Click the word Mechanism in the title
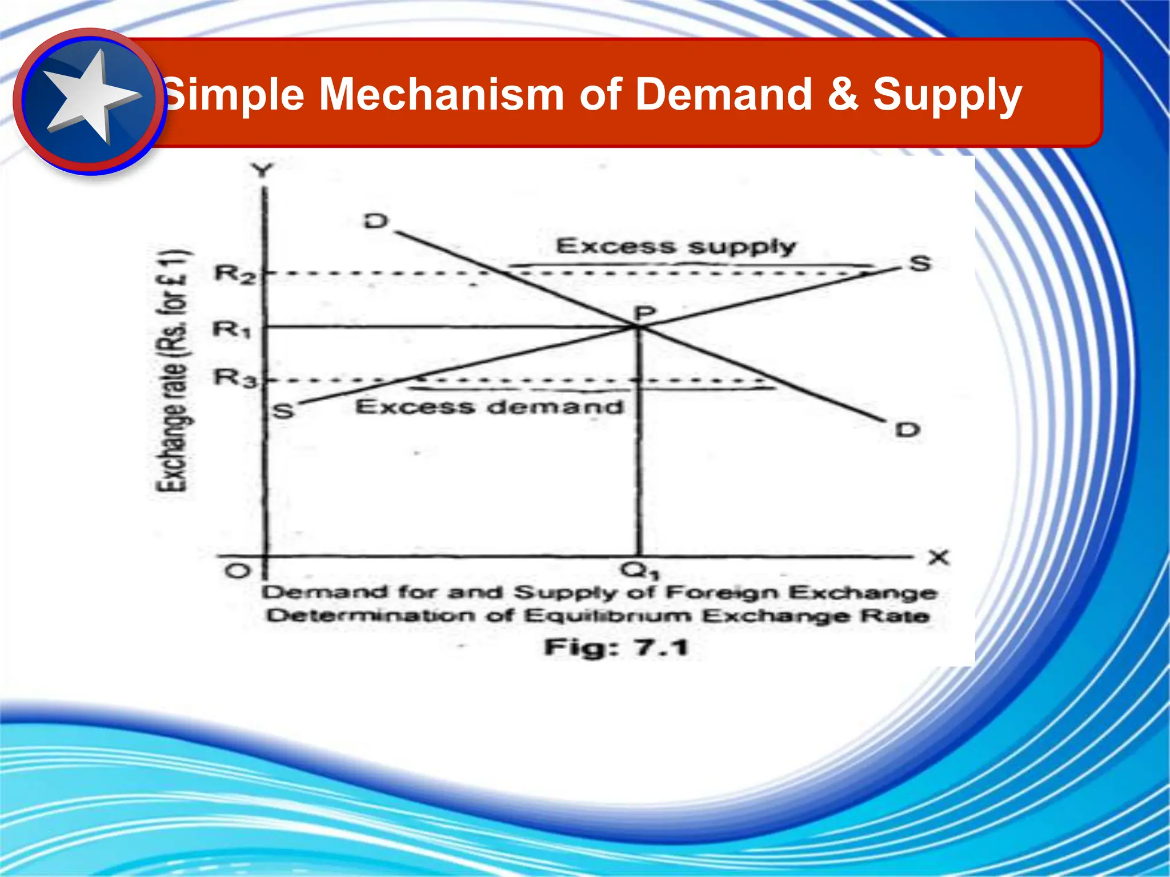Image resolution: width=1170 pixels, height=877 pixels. (442, 94)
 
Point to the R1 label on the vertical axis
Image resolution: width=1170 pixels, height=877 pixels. (232, 329)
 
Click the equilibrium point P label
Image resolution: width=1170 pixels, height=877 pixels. (646, 313)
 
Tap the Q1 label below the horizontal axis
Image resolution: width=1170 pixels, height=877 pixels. (640, 570)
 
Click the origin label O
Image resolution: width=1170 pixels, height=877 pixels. (237, 571)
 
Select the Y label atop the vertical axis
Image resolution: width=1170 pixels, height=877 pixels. (263, 170)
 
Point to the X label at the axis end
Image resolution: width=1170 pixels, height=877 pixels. (939, 557)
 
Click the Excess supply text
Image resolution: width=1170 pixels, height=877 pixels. (676, 247)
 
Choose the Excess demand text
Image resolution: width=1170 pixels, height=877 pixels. (490, 407)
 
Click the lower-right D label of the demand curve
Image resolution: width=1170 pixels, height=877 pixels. (908, 429)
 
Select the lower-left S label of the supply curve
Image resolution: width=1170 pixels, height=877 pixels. (284, 411)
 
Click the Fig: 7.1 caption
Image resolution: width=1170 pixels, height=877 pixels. (616, 647)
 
